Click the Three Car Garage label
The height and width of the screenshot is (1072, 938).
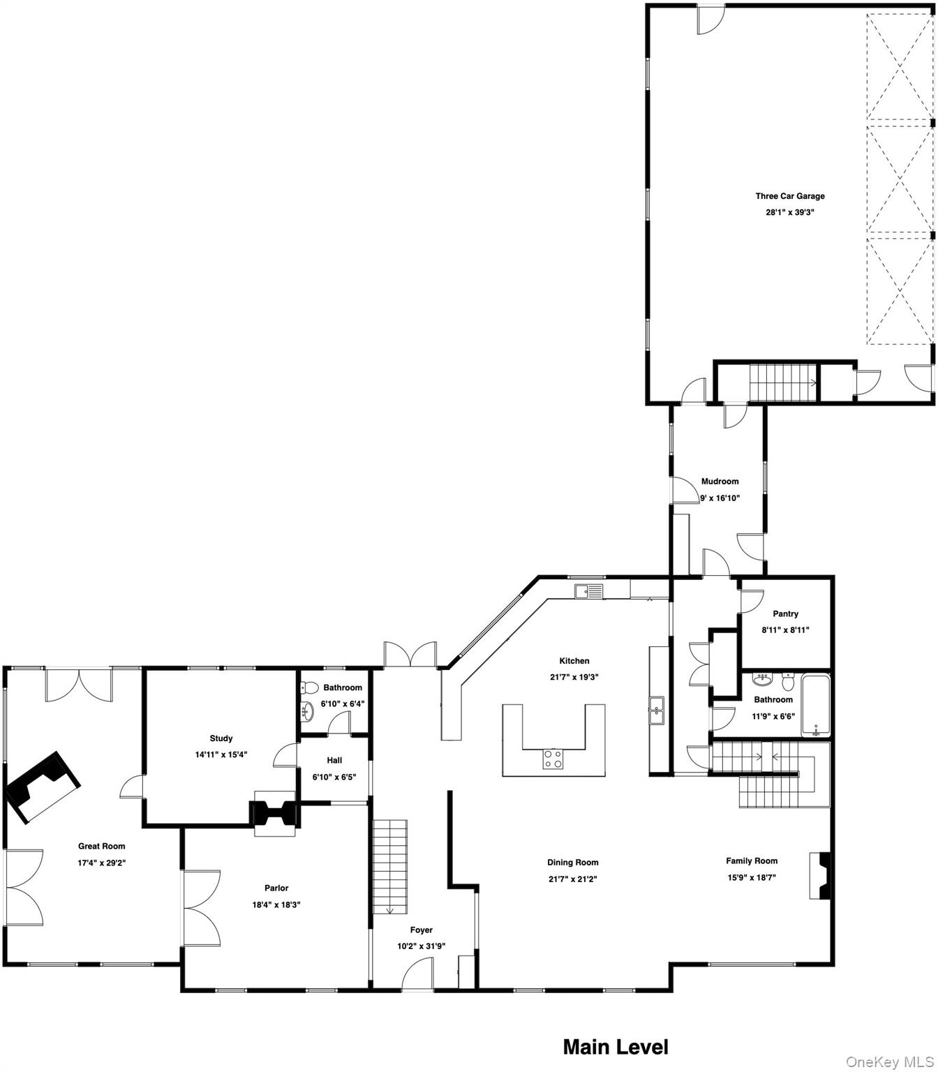coord(789,196)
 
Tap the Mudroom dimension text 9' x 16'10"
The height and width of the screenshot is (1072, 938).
coord(720,498)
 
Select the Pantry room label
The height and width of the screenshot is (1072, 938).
coord(785,614)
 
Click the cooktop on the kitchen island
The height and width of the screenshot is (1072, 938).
coord(553,759)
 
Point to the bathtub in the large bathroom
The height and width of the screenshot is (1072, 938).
coord(816,706)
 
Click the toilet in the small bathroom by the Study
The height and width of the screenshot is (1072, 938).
coord(311,687)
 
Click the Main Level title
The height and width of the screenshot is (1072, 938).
coord(615,1047)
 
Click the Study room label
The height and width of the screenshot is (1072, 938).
coord(221,738)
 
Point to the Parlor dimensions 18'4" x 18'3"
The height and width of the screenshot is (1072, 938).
coord(276,904)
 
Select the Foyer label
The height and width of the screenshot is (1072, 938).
coord(421,930)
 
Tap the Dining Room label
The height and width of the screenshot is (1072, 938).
coord(572,863)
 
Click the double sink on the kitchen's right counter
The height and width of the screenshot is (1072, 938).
coord(657,710)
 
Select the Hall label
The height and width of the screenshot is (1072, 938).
coord(334,761)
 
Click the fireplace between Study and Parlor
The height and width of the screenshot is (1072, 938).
coord(274,814)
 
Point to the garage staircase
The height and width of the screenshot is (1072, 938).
coord(783,382)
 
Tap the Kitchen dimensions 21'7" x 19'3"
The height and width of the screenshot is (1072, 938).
coord(574,677)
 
